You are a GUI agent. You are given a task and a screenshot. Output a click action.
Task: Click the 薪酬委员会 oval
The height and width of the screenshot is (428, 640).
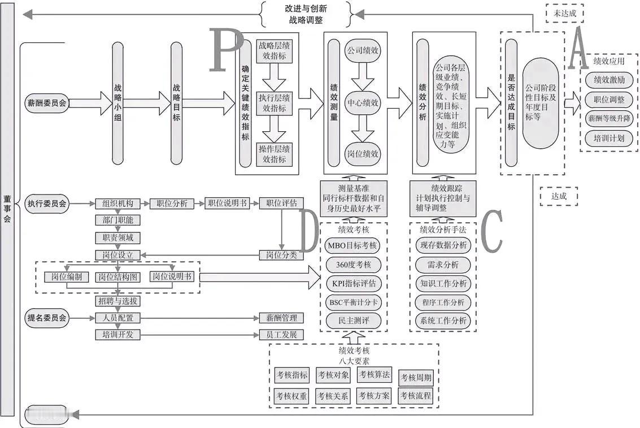(x=47, y=103)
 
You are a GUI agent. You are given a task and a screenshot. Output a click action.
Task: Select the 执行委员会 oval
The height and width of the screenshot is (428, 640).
(x=47, y=204)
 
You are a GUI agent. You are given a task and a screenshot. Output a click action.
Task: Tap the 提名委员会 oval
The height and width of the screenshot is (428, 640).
(x=47, y=318)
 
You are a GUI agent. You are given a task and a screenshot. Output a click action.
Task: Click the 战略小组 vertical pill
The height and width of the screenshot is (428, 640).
(x=117, y=104)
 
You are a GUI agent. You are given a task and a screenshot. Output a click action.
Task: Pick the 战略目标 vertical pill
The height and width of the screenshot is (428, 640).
(x=177, y=104)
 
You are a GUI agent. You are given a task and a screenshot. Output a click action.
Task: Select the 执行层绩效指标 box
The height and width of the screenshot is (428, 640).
(x=274, y=103)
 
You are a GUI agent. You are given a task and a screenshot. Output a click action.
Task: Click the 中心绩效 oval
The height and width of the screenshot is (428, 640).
(x=363, y=103)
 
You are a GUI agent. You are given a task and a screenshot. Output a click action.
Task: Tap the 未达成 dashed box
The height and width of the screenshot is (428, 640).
(x=564, y=12)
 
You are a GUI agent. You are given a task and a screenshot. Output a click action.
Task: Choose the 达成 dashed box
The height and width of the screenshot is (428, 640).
(x=559, y=196)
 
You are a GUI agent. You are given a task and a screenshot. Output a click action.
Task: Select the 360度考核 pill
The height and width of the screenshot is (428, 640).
(x=354, y=264)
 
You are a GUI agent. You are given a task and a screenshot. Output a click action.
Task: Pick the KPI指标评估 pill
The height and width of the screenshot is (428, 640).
(x=354, y=283)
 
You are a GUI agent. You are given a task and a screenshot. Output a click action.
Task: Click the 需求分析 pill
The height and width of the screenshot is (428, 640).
(x=443, y=264)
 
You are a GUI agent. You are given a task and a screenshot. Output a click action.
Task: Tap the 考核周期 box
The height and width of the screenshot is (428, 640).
(x=417, y=377)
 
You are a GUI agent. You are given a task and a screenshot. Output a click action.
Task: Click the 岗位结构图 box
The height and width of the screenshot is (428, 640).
(x=117, y=277)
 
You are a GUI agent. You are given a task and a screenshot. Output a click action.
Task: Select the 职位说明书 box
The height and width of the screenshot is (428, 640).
(x=227, y=204)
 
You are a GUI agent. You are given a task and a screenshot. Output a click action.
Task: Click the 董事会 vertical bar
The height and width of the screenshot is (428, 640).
(x=7, y=209)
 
